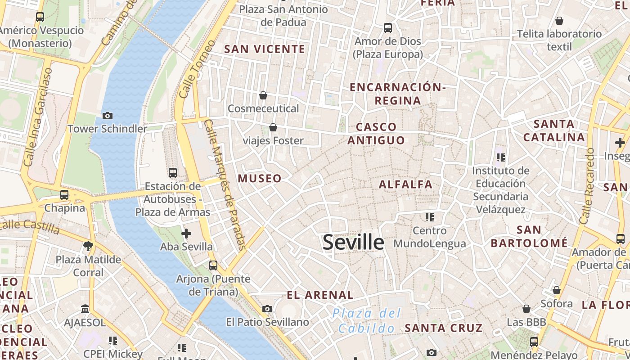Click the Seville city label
coord(353,242)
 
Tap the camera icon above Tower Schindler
coord(107,116)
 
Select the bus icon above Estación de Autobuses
coord(172,172)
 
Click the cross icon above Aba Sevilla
coord(186,233)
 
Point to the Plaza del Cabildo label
coord(367,320)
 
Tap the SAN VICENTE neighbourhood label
coord(265,49)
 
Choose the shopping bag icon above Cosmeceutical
coord(263,95)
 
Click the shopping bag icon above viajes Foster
coord(273,128)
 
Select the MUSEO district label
coord(260,178)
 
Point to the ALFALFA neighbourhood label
coord(405,184)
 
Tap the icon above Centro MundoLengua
coord(429,217)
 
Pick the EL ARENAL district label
coord(320,295)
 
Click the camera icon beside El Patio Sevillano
coord(267,309)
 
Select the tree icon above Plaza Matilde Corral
coord(88,246)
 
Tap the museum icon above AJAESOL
coord(85,309)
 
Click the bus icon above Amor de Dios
coord(388,28)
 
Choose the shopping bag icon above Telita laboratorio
coord(559,21)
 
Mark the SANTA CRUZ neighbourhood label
coord(443,328)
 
